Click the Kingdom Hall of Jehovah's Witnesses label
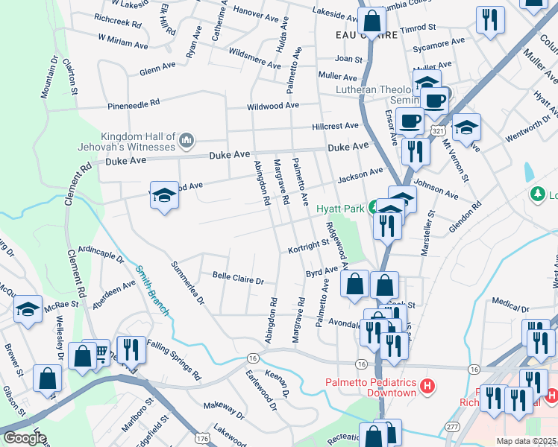138,142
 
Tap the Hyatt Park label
339,209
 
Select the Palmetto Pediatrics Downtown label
370,387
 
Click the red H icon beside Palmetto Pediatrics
427,387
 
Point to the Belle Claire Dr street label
239,279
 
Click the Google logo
24,438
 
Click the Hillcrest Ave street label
336,126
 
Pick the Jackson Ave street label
360,176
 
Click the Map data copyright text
526,441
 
